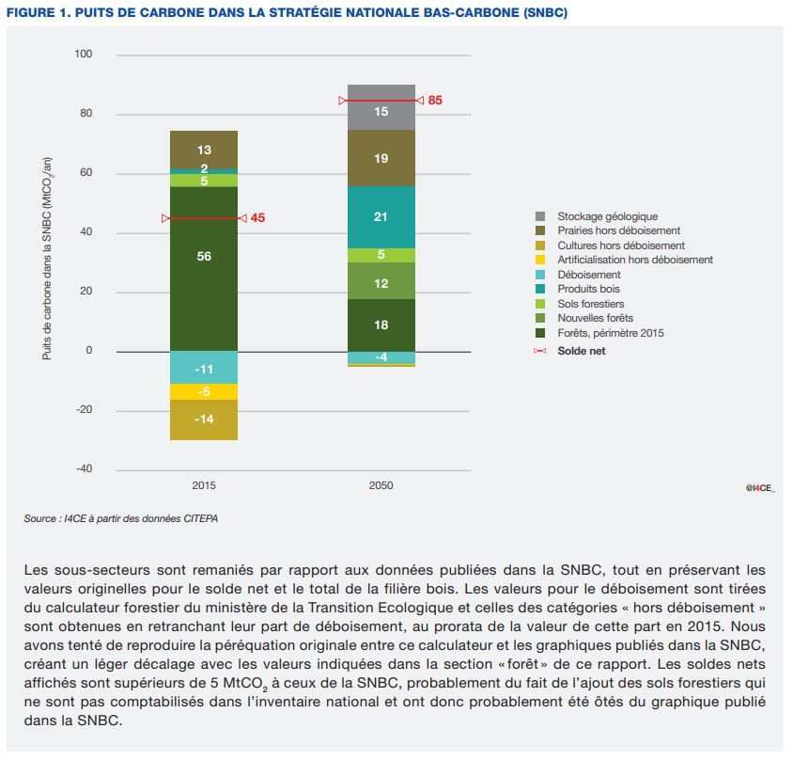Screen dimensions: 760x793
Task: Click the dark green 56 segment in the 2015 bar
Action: (204, 268)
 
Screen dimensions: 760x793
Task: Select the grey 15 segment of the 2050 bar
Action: (381, 111)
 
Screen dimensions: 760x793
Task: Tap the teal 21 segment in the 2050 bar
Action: (381, 217)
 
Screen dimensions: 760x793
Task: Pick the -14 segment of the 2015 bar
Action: (204, 420)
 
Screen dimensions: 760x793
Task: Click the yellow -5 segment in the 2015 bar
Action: (204, 391)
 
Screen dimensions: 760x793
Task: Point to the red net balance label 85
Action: (434, 100)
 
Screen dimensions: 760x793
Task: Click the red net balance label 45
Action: (257, 218)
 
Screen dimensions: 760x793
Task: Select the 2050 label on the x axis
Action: (381, 485)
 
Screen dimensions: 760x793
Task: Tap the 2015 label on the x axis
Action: (204, 485)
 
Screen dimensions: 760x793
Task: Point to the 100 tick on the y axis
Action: (84, 55)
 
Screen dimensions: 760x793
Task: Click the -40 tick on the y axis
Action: (84, 468)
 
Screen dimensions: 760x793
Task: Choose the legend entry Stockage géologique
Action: (607, 216)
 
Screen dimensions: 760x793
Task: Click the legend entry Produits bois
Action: (588, 289)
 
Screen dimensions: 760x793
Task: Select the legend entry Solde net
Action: (581, 351)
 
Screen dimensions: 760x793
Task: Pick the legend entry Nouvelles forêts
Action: (595, 318)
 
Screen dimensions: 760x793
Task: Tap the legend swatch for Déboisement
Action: (540, 275)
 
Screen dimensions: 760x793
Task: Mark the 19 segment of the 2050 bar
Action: (381, 158)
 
